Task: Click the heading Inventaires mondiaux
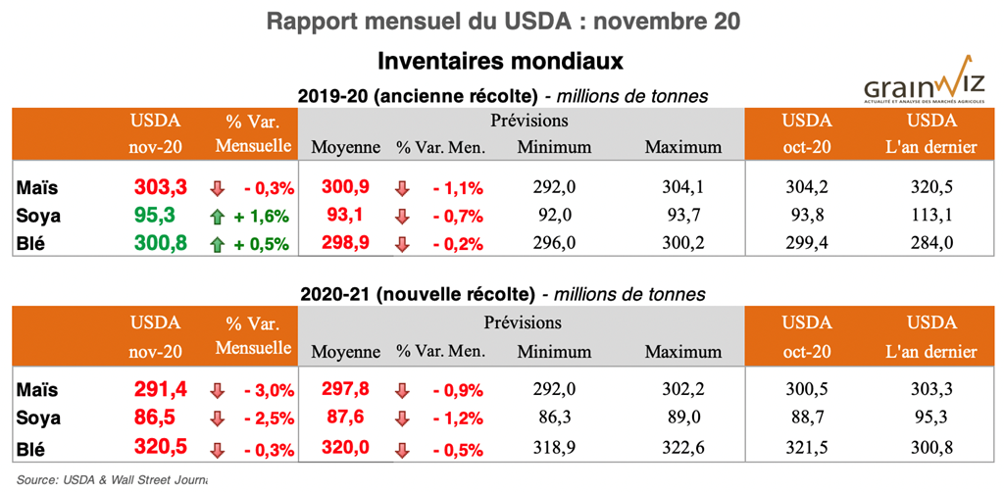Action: [x=501, y=61]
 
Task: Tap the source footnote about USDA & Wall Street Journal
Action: [x=112, y=479]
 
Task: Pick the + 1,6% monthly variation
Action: [x=262, y=214]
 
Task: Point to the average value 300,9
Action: [x=345, y=187]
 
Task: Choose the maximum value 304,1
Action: [x=682, y=187]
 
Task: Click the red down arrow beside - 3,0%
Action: [x=217, y=390]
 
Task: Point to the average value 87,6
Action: [x=345, y=418]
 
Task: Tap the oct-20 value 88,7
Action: [x=807, y=418]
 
